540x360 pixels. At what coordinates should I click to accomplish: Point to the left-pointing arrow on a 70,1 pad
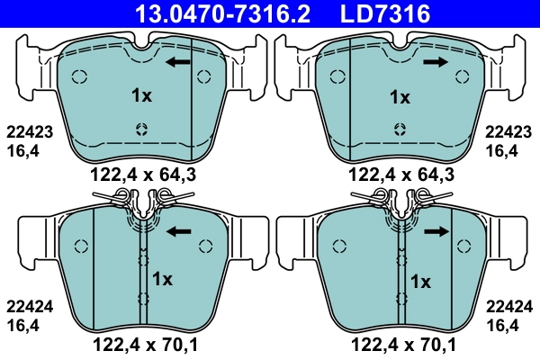pyautogui.click(x=181, y=231)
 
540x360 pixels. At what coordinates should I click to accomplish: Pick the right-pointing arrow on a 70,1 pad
pyautogui.click(x=437, y=231)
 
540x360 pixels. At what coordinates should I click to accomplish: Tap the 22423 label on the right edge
pyautogui.click(x=508, y=131)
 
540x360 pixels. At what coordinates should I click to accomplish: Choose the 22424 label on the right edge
pyautogui.click(x=508, y=305)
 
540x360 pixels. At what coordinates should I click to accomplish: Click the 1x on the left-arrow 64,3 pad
pyautogui.click(x=140, y=95)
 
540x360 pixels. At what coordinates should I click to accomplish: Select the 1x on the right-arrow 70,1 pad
pyautogui.click(x=419, y=281)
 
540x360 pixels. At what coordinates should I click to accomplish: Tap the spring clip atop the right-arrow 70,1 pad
pyautogui.click(x=400, y=201)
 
